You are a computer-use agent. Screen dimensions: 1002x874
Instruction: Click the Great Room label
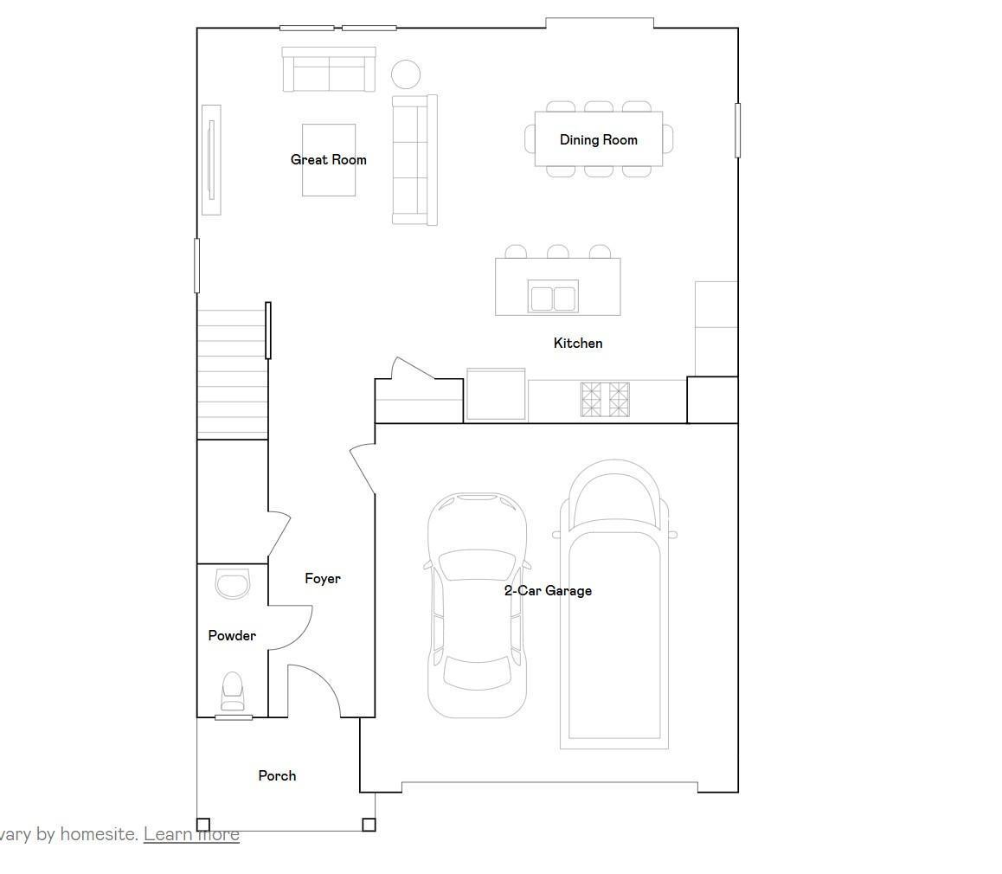coord(329,160)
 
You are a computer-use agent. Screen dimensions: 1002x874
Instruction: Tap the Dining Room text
coord(598,140)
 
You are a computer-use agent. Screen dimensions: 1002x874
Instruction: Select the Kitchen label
coord(578,343)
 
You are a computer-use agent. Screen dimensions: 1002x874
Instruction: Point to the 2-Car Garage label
coord(548,590)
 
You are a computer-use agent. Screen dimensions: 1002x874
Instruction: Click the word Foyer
coord(322,578)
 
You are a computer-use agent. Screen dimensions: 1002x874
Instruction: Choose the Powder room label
coord(232,636)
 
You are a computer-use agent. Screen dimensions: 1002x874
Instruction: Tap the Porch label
coord(277,775)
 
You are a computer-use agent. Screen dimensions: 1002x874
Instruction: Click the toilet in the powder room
coord(233,691)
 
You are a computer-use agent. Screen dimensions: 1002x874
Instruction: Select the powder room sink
coord(233,583)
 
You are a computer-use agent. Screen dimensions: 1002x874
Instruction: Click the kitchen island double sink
coord(554,298)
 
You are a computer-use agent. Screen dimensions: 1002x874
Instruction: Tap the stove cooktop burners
coord(605,399)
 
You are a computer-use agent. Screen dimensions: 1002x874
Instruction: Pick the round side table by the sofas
coord(406,74)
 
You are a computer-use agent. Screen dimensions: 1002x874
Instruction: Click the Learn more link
coord(191,833)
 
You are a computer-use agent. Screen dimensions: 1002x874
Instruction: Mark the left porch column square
coord(203,825)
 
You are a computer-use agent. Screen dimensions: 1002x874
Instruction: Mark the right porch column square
coord(369,825)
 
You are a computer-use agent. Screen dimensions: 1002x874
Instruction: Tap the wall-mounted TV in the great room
coord(211,160)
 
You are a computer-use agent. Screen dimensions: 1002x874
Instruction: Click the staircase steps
coord(232,375)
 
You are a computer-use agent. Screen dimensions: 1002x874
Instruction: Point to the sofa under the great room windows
coord(329,69)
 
